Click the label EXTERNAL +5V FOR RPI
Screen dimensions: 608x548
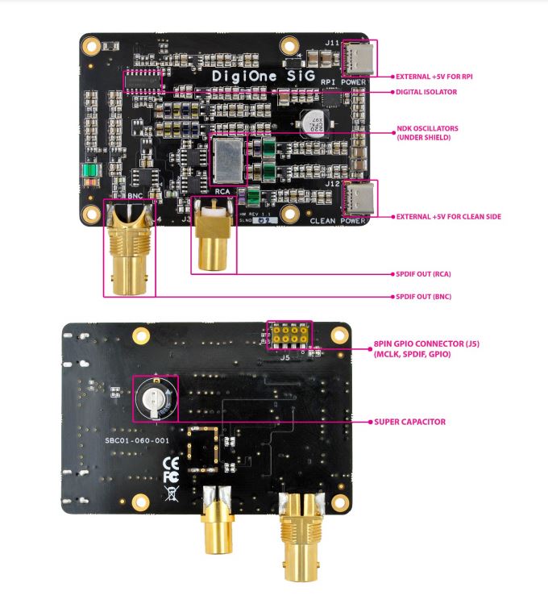[433, 77]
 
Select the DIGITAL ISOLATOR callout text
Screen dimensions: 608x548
[426, 93]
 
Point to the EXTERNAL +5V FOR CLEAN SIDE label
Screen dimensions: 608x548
[442, 216]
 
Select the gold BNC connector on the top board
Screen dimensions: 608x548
[129, 246]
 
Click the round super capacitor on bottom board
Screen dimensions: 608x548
[155, 398]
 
